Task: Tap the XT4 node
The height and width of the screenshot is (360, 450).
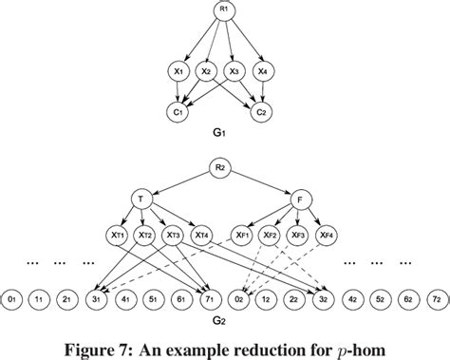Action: click(x=200, y=234)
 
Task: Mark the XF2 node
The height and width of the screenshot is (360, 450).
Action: click(x=271, y=234)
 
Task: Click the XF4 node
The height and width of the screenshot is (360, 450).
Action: click(x=328, y=234)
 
